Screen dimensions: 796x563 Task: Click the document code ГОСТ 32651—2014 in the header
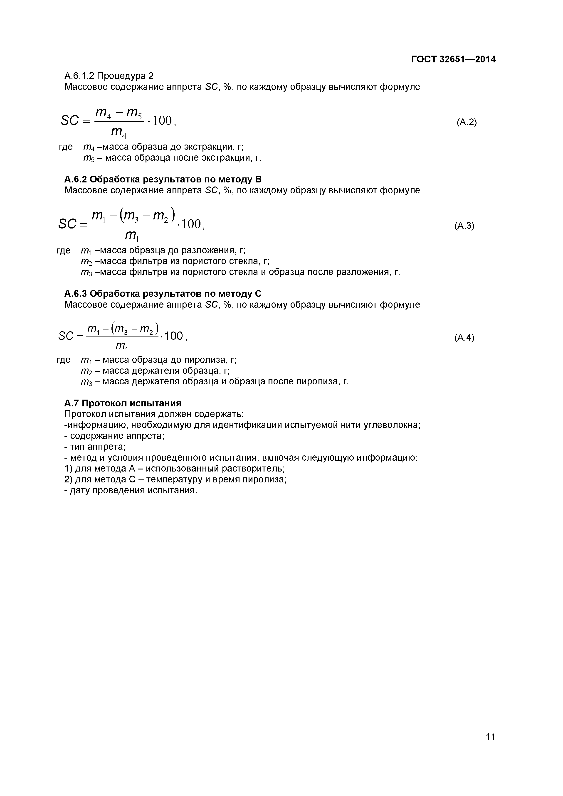453,59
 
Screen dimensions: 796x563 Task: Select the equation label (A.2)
467,122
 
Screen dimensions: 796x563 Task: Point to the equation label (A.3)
464,226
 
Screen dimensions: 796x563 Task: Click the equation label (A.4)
464,337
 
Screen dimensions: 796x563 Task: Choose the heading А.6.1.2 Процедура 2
109,76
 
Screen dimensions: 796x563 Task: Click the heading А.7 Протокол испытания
123,403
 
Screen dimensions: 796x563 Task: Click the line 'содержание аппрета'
114,436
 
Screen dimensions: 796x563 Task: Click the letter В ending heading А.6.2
258,179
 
